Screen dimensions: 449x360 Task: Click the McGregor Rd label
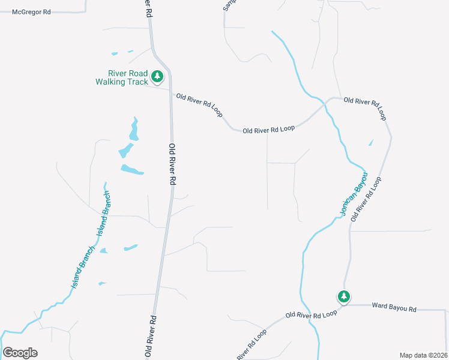tap(31, 11)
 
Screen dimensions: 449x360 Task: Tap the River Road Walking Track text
tap(121, 78)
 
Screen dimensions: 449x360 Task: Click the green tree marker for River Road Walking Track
tap(157, 76)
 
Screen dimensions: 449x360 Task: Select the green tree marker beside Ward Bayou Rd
tap(343, 296)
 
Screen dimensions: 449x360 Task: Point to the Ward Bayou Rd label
tap(394, 308)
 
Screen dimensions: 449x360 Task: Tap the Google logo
tap(20, 353)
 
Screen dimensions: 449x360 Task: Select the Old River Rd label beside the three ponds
tap(172, 163)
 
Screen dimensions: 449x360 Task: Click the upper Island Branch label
tap(104, 213)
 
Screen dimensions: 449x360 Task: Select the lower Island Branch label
tap(83, 266)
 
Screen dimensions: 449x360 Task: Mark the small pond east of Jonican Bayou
tap(371, 143)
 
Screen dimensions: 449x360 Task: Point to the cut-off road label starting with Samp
tap(229, 5)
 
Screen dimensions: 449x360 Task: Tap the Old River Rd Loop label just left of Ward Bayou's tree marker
tap(312, 314)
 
